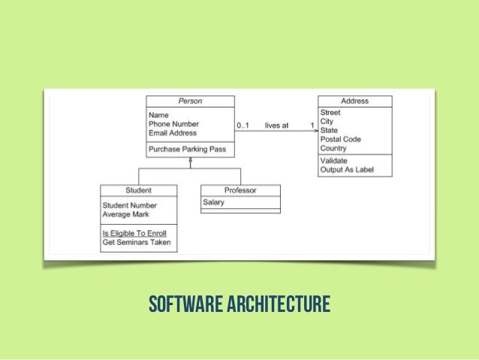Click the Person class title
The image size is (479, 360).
tap(190, 101)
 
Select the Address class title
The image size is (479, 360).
tap(354, 101)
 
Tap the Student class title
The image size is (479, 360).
tap(138, 190)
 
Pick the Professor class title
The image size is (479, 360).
tap(240, 190)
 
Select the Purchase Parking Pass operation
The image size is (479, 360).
tap(187, 149)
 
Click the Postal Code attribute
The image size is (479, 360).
tap(340, 139)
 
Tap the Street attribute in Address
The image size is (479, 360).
tap(330, 113)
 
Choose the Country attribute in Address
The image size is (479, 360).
tap(333, 148)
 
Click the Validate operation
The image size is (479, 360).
tap(333, 161)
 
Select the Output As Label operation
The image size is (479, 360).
tap(346, 170)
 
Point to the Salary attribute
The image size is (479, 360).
tap(214, 202)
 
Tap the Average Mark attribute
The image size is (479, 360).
tap(125, 214)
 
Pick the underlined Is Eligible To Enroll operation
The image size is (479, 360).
tap(134, 233)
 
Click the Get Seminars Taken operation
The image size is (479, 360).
tap(137, 242)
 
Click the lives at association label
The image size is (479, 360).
tap(276, 126)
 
